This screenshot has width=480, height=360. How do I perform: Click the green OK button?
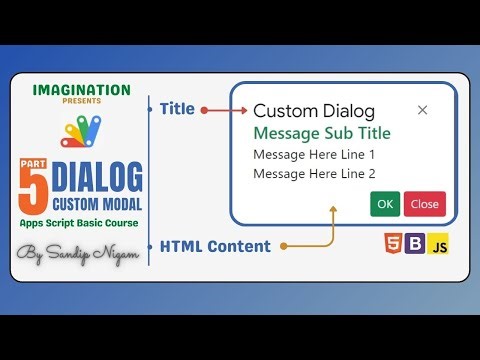click(x=385, y=204)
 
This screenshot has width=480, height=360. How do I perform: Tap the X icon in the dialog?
click(x=422, y=110)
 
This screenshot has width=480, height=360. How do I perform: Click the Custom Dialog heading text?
click(x=314, y=111)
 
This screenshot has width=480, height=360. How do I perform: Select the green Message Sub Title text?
click(x=321, y=133)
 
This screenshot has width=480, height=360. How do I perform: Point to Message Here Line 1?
click(x=314, y=155)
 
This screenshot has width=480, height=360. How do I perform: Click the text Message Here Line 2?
click(x=314, y=174)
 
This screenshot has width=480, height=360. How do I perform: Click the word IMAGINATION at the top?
click(x=81, y=90)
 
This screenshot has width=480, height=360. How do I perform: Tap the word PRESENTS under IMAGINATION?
click(x=81, y=102)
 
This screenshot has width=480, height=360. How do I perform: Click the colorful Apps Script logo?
click(x=81, y=130)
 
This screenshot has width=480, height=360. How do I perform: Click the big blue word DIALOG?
click(x=97, y=177)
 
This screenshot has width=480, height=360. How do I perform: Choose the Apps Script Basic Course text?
click(x=81, y=222)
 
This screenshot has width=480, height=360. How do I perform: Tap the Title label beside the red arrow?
click(x=177, y=109)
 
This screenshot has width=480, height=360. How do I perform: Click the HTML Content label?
click(x=214, y=245)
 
